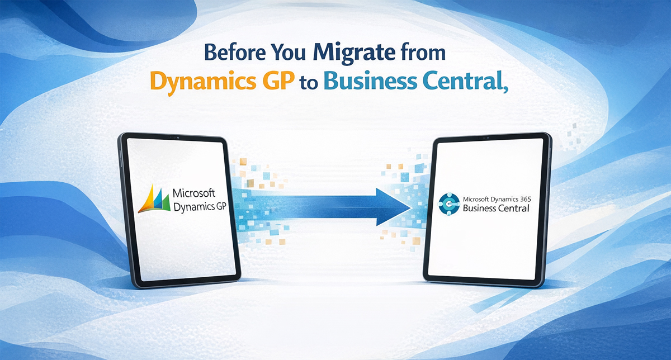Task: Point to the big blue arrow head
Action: [x=394, y=205]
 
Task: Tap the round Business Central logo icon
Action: [x=450, y=203]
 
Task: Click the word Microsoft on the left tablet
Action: [x=193, y=193]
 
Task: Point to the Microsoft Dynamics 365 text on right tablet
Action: [x=498, y=198]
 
